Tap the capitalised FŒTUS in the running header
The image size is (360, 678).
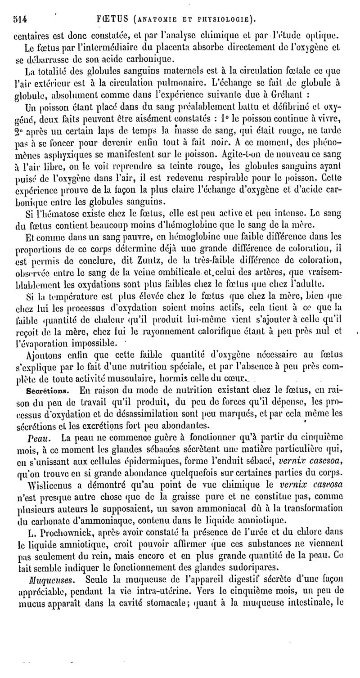[x=112, y=19]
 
